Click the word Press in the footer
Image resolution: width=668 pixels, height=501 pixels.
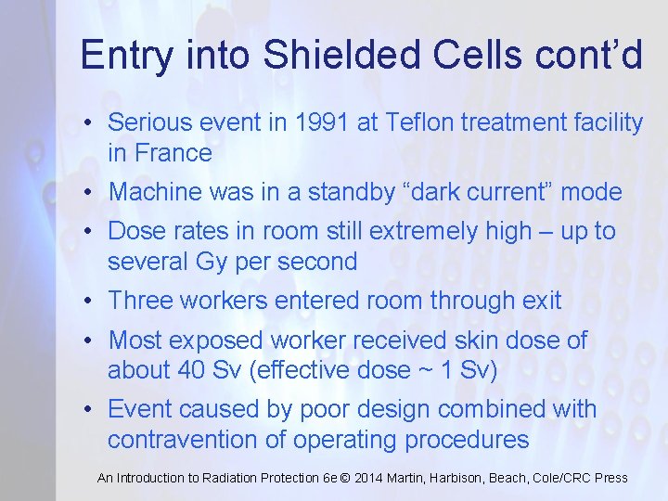[610, 478]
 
